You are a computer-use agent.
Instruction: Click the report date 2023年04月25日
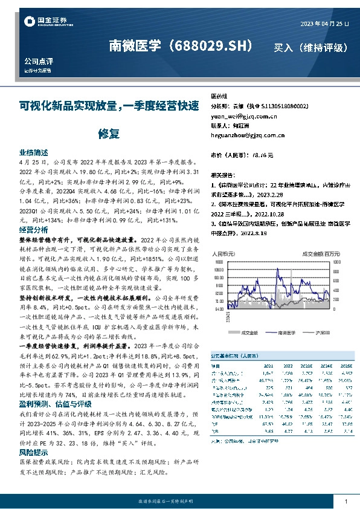(324, 24)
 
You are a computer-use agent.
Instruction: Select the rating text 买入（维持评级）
(310, 47)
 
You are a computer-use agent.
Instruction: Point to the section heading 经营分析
(33, 230)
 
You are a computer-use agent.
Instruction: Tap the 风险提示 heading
(33, 452)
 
